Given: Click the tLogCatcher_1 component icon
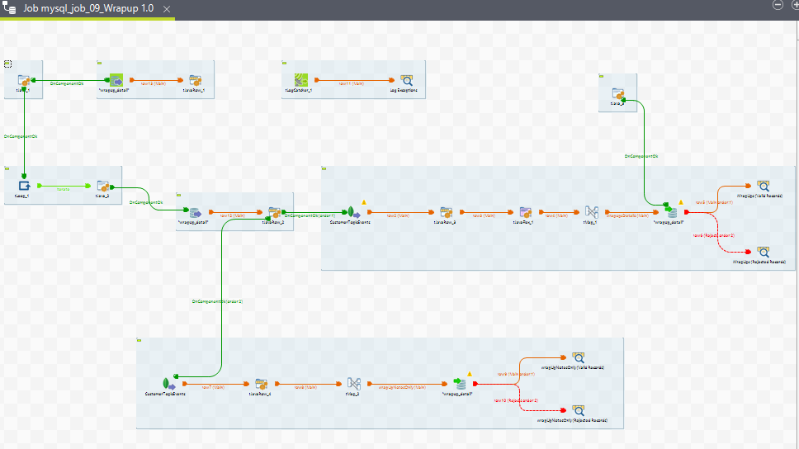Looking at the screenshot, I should (303, 80).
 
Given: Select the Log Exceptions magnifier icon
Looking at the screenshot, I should (406, 80).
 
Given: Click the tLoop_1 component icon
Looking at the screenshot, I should (24, 185).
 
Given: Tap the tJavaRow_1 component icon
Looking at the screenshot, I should (196, 80).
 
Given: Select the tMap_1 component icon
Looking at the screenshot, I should (591, 212).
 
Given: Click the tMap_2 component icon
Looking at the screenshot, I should (352, 384).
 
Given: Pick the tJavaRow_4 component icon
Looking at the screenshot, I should (261, 384).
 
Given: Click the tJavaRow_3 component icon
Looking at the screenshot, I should (446, 212).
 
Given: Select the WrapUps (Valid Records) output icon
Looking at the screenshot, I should (763, 186).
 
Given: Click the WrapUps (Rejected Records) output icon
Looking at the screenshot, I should (763, 251).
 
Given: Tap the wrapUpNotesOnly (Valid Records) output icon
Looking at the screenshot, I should (578, 357).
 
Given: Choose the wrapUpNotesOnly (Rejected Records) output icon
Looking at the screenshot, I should (578, 410).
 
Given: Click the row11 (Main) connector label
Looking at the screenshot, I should (352, 83).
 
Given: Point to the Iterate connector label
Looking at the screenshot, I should (63, 189).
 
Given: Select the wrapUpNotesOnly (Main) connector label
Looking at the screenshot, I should (402, 386).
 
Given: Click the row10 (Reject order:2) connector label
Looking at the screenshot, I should (516, 400).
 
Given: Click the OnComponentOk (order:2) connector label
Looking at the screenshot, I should (217, 301).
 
